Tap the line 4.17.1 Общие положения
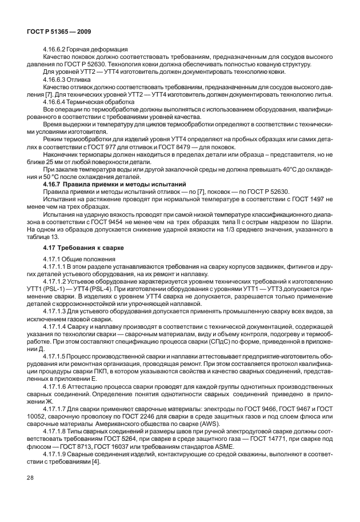coord(81,260)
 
